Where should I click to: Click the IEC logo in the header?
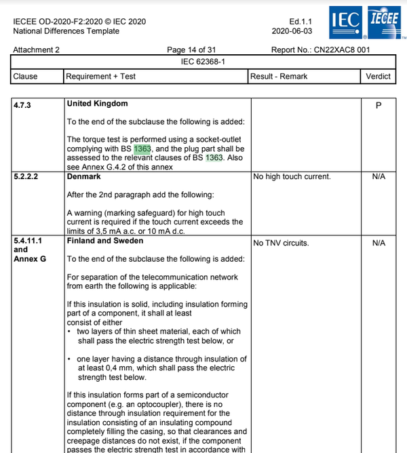[x=345, y=23]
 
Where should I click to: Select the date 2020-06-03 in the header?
[x=292, y=31]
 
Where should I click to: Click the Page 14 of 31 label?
[x=195, y=50]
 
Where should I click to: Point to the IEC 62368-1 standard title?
[x=203, y=62]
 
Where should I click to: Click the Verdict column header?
[x=378, y=77]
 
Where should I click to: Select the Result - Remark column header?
[x=279, y=77]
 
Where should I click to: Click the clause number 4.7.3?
[x=24, y=106]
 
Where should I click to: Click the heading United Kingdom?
[x=97, y=104]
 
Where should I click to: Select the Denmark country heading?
[x=84, y=176]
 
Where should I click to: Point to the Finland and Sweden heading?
[x=105, y=241]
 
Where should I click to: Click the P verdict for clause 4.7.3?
[x=378, y=106]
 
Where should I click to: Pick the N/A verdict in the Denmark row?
[x=379, y=177]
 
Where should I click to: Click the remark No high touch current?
[x=292, y=177]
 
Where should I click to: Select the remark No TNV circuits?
[x=281, y=242]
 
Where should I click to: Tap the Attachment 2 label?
[x=37, y=50]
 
